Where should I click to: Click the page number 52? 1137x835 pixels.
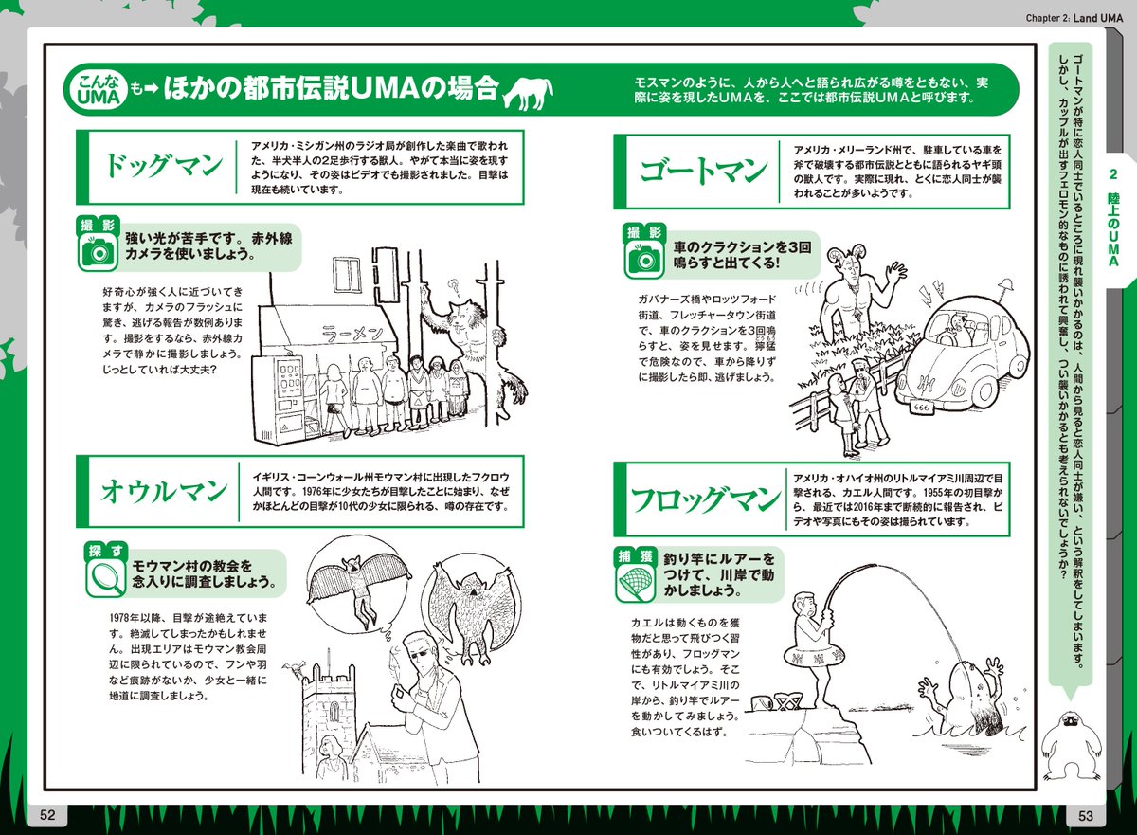point(47,815)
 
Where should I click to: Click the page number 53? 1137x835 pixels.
point(1085,816)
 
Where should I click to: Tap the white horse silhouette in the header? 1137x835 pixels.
point(528,94)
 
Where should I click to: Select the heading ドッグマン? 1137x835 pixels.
point(163,166)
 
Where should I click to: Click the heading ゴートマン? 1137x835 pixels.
point(703,171)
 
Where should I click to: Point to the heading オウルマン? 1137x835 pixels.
point(163,491)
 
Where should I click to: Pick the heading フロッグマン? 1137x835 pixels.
point(705,499)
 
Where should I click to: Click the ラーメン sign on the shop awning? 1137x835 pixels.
point(352,334)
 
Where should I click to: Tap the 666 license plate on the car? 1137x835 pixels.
point(920,408)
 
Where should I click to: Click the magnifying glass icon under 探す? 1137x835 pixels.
point(105,577)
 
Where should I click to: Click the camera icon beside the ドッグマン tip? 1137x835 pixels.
point(98,252)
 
